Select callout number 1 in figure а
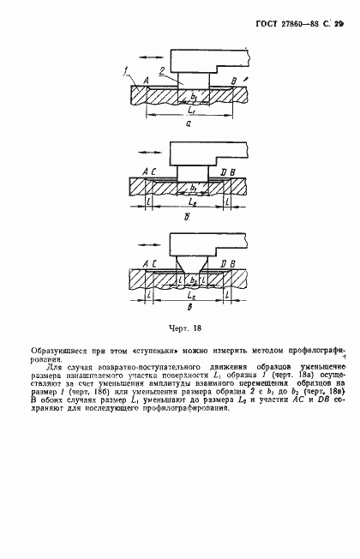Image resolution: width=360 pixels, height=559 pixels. pos(125,70)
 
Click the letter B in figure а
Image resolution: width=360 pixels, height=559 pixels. pos(233,81)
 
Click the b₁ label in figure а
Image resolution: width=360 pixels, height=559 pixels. pos(195,96)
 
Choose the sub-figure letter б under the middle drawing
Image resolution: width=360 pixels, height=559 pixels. pos(188,220)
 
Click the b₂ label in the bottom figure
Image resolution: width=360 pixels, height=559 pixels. pos(194,280)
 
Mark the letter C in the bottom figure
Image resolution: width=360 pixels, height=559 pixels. pos(151,264)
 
